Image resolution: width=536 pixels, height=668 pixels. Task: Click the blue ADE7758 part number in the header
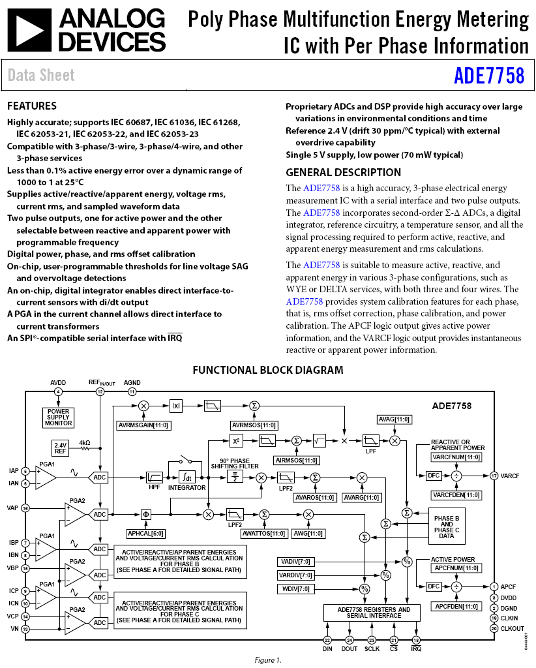click(x=489, y=76)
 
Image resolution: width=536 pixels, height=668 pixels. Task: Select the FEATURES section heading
click(x=32, y=106)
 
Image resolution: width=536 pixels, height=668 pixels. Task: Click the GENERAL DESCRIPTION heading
click(x=344, y=172)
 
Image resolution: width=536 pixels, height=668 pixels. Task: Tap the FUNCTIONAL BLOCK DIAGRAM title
click(x=268, y=370)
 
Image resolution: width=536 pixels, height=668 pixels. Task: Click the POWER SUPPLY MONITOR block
click(x=58, y=417)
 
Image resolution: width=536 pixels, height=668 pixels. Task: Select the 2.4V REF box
click(x=61, y=448)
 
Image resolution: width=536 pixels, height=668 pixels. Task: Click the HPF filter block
click(x=154, y=478)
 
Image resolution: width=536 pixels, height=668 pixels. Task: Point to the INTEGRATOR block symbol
click(x=187, y=478)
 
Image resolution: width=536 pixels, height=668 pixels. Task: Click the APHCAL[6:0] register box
click(x=145, y=534)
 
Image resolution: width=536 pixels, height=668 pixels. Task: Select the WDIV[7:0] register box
click(x=296, y=589)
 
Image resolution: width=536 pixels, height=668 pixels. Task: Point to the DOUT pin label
click(x=350, y=648)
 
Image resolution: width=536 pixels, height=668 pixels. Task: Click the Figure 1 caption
click(x=267, y=660)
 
